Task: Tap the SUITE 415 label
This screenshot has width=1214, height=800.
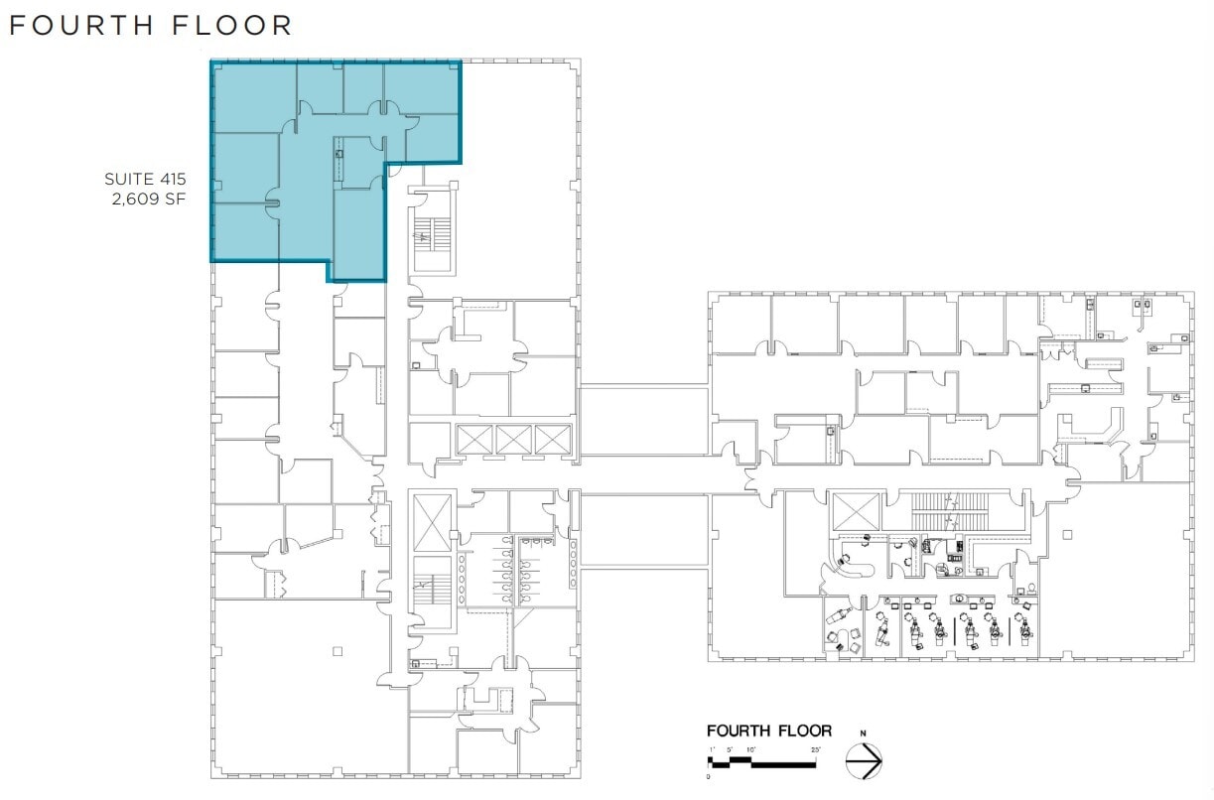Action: point(145,180)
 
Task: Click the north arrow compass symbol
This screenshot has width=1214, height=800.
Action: point(863,761)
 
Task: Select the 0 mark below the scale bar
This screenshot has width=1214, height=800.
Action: point(709,776)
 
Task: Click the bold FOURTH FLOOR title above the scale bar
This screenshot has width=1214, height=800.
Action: point(768,731)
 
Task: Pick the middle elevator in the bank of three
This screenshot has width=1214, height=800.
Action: point(514,439)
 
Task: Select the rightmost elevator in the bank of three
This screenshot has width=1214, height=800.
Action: point(554,439)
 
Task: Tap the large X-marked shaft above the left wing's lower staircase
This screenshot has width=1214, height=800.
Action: point(432,520)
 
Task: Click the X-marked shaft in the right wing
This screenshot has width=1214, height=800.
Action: point(856,510)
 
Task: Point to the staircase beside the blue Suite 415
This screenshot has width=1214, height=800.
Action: point(433,234)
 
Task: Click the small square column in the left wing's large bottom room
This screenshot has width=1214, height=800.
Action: point(337,651)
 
